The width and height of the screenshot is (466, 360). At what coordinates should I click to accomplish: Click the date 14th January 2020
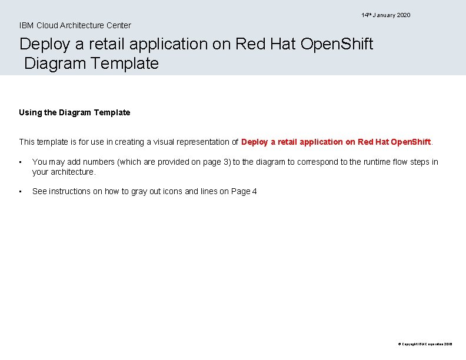coord(386,15)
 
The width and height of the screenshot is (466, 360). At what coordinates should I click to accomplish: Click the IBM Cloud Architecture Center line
coord(75,25)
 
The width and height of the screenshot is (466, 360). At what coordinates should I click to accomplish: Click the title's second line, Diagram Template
coord(91,64)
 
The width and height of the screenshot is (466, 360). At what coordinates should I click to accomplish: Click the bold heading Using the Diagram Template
coord(75,112)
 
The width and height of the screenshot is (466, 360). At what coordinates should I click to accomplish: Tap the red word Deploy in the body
coord(254,142)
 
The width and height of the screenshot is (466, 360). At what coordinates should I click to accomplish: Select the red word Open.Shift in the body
coord(411,142)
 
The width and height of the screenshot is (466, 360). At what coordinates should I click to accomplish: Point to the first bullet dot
coord(21,162)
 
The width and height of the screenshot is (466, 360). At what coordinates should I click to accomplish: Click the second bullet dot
coord(21,192)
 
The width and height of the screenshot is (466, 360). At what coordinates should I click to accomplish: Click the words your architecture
coord(64,172)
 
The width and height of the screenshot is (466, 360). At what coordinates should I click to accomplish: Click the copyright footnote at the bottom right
coord(425,344)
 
